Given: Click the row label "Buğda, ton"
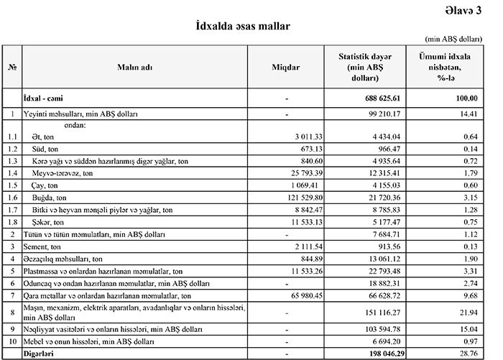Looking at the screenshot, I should tap(49, 197).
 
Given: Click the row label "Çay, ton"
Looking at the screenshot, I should tap(47, 185).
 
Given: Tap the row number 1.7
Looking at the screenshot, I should tap(12, 209).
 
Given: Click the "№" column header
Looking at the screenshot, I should tap(12, 67).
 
